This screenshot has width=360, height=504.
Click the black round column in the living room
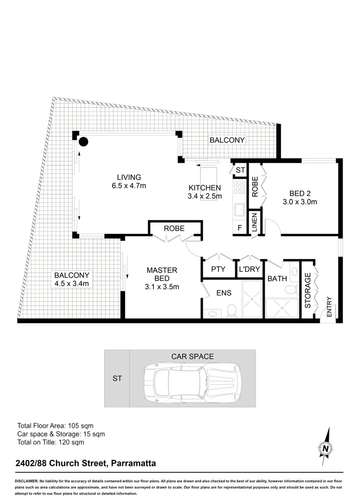click(x=83, y=142)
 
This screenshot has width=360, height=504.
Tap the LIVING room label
click(x=128, y=177)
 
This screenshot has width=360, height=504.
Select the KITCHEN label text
click(x=205, y=188)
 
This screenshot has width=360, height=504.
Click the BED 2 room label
click(x=300, y=194)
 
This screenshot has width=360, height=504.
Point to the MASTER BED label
click(x=162, y=274)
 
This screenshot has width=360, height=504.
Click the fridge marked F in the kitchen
click(x=240, y=229)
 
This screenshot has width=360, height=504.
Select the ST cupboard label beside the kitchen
click(x=240, y=170)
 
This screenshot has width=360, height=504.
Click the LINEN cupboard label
click(x=255, y=222)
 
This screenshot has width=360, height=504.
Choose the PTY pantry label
click(x=218, y=269)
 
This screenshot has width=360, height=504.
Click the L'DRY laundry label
click(x=249, y=269)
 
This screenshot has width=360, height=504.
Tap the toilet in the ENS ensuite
click(x=231, y=310)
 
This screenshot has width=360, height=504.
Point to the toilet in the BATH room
click(x=290, y=289)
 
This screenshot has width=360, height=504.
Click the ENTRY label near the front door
click(x=329, y=307)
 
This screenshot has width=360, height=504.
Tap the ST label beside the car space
click(x=117, y=378)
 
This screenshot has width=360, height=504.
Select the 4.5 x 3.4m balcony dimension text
click(x=71, y=283)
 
